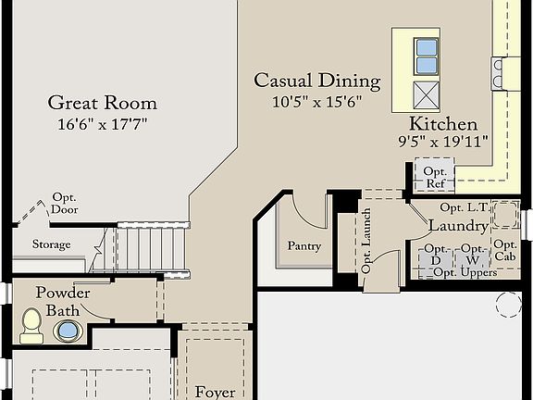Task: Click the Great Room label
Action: (x=102, y=103)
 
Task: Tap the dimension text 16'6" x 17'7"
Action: (x=102, y=123)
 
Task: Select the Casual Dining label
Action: (x=317, y=81)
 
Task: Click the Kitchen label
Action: (x=444, y=124)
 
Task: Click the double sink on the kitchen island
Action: (x=427, y=56)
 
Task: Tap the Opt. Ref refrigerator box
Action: (x=435, y=176)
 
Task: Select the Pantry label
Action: (x=304, y=245)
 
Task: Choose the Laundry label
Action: (x=458, y=226)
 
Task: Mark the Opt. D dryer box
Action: (x=435, y=254)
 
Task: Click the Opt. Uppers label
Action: (x=465, y=272)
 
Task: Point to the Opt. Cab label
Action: (x=505, y=250)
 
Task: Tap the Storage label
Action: (x=51, y=244)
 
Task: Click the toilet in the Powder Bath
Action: (x=31, y=324)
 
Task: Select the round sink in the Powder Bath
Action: (x=68, y=331)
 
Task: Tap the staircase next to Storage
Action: (x=153, y=247)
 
